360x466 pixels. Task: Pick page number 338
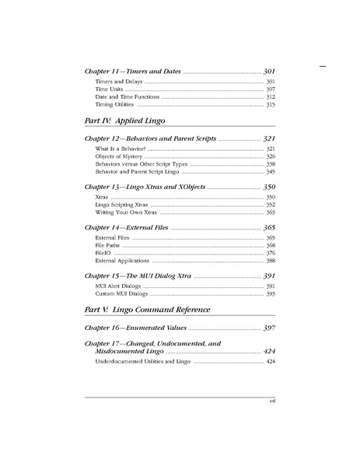click(x=271, y=164)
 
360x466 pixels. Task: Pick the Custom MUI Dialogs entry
click(x=121, y=294)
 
